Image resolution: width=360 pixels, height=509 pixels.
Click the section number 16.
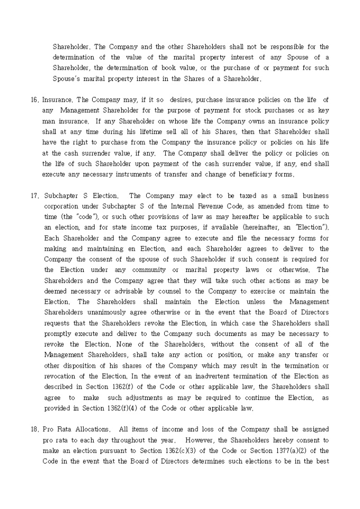(34, 99)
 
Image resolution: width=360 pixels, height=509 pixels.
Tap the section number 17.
(34, 195)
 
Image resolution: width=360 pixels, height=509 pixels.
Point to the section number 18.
(34, 429)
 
